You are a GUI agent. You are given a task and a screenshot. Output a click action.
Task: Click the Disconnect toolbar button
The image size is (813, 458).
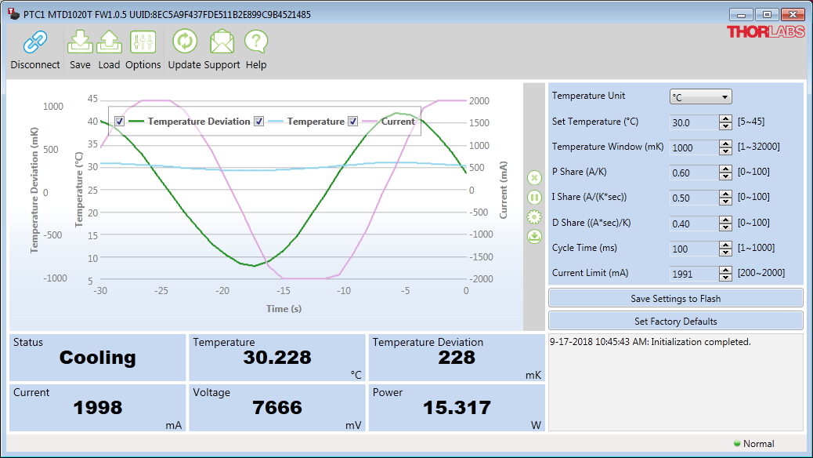(x=35, y=50)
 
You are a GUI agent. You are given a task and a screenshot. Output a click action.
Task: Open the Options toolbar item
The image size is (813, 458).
(x=143, y=50)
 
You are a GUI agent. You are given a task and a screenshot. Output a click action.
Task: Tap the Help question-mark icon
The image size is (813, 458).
(x=256, y=42)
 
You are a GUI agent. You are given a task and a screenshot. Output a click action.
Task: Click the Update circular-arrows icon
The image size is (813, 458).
(x=185, y=42)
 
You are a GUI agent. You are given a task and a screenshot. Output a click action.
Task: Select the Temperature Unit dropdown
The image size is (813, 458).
(x=700, y=96)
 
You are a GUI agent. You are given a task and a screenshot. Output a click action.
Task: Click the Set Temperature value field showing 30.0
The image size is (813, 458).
(x=694, y=122)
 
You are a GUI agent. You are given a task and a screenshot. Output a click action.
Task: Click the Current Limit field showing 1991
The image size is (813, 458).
(x=694, y=274)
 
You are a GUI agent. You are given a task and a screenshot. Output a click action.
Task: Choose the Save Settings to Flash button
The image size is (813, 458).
(x=676, y=299)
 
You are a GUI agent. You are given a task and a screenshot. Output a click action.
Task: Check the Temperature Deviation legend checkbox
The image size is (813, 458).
(x=120, y=122)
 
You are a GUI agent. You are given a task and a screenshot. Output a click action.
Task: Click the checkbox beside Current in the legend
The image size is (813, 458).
(x=352, y=122)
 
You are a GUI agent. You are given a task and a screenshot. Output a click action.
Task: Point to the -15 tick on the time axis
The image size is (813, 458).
(x=283, y=291)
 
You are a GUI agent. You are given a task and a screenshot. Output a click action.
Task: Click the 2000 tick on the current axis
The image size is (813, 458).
(x=479, y=100)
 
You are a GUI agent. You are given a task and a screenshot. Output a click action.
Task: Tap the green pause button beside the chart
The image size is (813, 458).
(x=534, y=198)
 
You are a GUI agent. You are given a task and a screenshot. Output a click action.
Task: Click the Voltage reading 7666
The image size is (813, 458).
(x=277, y=408)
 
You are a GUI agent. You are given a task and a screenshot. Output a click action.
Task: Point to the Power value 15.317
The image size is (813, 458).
(x=457, y=408)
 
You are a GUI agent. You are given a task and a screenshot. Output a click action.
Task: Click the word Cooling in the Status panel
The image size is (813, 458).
(x=97, y=358)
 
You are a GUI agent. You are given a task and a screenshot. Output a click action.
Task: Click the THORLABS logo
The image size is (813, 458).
(x=766, y=32)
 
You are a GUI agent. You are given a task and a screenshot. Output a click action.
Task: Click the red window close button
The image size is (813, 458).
(x=793, y=15)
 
